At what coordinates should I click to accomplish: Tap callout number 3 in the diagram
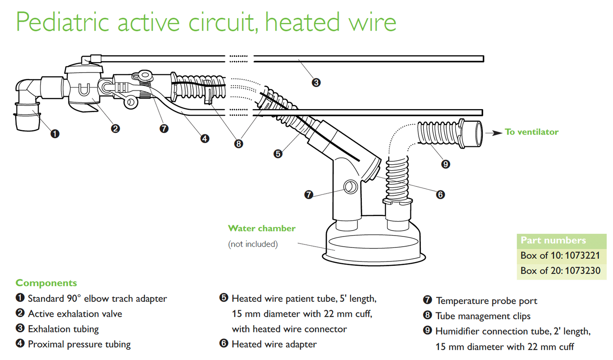(316, 82)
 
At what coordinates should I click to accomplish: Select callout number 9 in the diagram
(445, 164)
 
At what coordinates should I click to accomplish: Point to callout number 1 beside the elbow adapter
(55, 134)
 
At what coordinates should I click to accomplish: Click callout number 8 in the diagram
(238, 144)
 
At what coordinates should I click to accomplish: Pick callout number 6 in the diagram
(440, 194)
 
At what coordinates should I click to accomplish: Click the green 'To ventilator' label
(532, 132)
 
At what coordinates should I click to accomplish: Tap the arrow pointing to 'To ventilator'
(494, 133)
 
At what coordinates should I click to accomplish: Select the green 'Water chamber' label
(261, 228)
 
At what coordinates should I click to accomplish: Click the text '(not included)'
(253, 244)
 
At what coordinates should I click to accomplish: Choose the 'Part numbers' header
(553, 240)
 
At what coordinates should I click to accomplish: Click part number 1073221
(582, 256)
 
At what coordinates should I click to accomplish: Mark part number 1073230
(582, 271)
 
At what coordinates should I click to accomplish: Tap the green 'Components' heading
(46, 283)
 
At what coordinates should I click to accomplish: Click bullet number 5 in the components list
(224, 298)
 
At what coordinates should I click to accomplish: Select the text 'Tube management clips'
(483, 316)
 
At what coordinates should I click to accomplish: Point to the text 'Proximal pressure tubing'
(79, 344)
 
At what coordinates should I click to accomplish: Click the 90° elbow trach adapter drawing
(28, 102)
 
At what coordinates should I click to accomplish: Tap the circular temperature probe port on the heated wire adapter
(350, 186)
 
